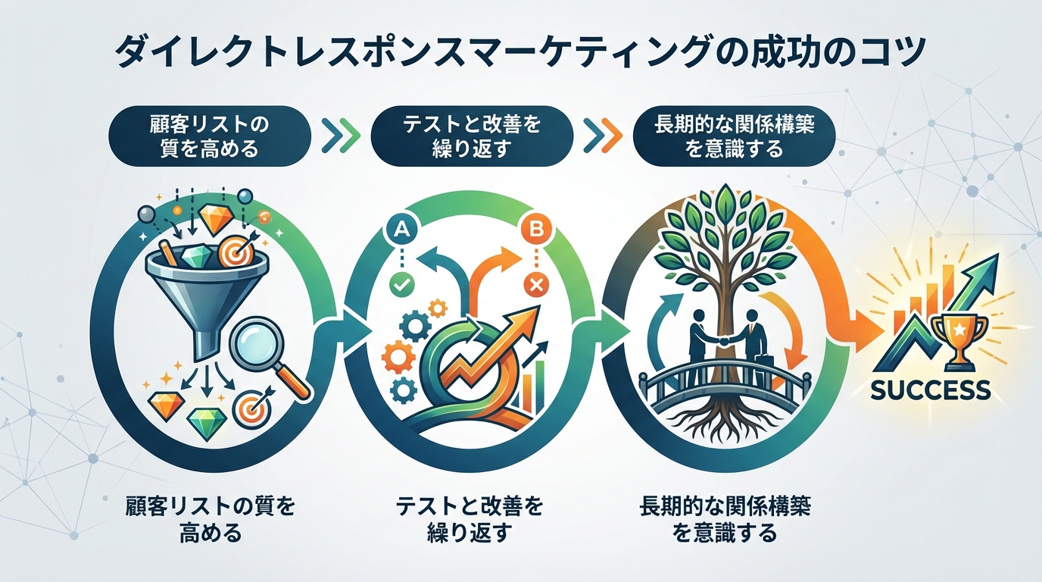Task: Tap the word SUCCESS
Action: click(931, 390)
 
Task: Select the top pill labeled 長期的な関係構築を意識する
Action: click(734, 136)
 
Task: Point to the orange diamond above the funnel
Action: click(218, 220)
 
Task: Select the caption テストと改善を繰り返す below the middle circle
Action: click(470, 520)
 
